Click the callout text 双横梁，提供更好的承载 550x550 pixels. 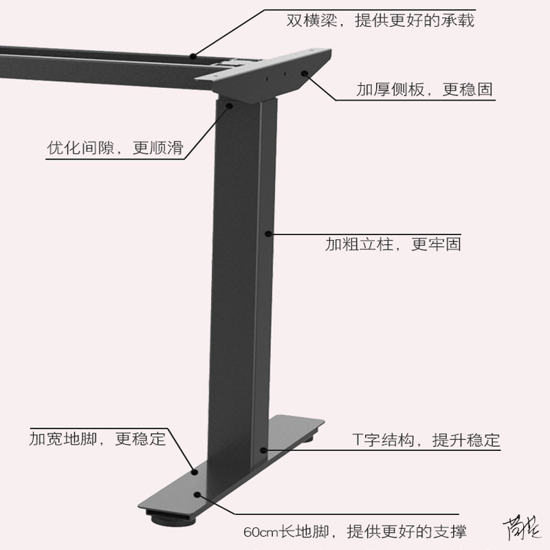(380, 20)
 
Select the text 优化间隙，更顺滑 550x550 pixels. (115, 148)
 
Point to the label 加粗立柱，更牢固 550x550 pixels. (393, 244)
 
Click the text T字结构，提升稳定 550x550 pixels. (426, 440)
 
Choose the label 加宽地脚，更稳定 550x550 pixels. (98, 438)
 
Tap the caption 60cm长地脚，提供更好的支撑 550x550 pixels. (354, 531)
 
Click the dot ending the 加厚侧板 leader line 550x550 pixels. (303, 75)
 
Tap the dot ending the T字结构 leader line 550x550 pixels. (263, 450)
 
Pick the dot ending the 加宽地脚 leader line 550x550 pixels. (195, 472)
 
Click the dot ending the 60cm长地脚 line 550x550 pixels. (199, 494)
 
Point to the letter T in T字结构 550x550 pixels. (357, 440)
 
